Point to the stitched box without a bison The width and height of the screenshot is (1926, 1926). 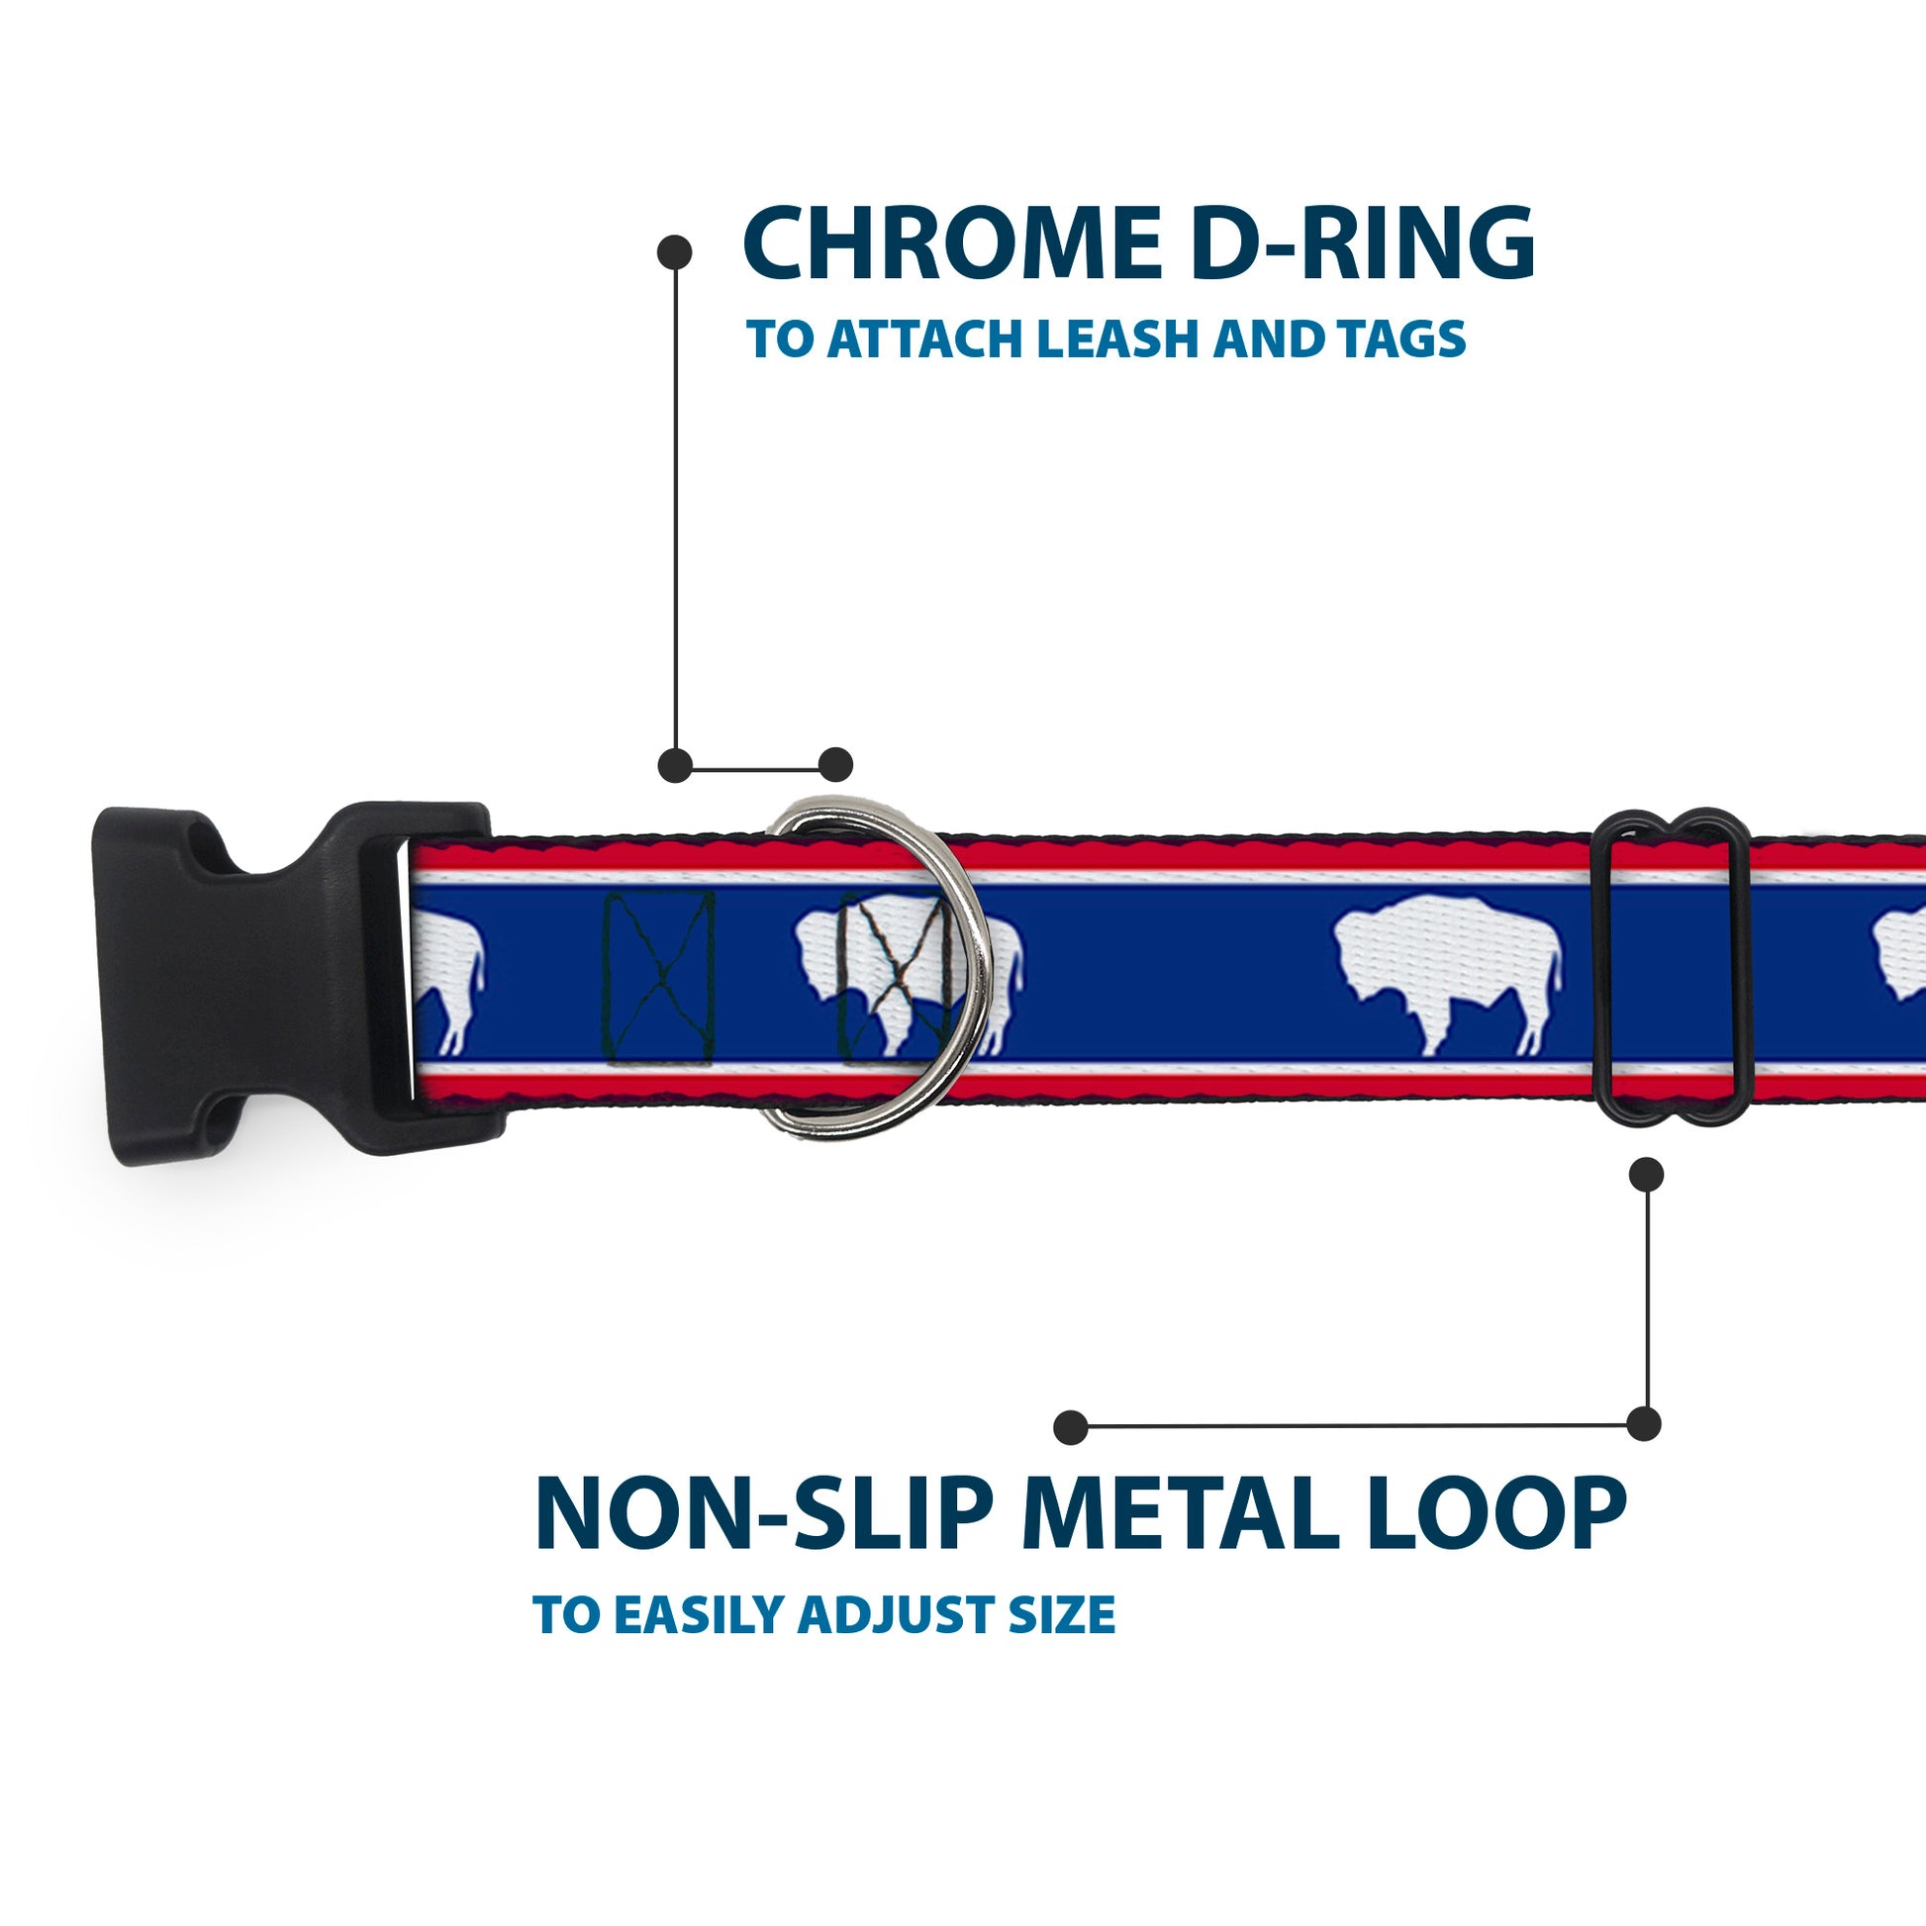pyautogui.click(x=660, y=977)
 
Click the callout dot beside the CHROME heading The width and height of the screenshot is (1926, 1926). pyautogui.click(x=675, y=252)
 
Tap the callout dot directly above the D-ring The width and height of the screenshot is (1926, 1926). pyautogui.click(x=835, y=765)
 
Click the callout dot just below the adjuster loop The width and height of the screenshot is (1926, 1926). pyautogui.click(x=1646, y=1175)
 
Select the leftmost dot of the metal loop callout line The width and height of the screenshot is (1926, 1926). pyautogui.click(x=1071, y=1427)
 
